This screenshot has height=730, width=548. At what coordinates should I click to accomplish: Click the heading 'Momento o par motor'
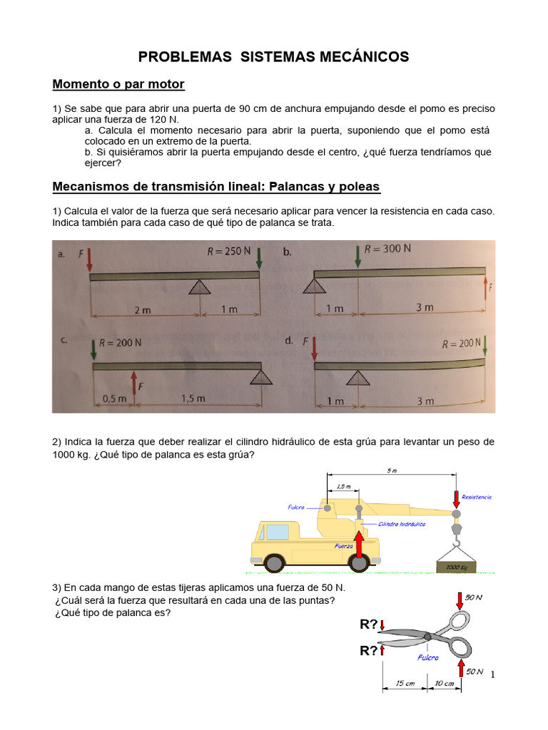point(118,85)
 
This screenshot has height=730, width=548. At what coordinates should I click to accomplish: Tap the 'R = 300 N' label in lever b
point(387,250)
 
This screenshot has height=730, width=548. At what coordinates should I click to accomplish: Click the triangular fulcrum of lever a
point(200,287)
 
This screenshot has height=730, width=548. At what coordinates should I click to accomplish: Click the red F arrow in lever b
point(486,289)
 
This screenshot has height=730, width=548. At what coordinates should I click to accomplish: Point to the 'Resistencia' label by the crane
point(476,497)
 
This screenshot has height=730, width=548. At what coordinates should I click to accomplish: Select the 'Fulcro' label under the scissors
point(428,658)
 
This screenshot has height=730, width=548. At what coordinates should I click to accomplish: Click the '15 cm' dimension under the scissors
point(405,684)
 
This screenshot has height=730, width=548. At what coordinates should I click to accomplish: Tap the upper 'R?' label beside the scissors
point(368,625)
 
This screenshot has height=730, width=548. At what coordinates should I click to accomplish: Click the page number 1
point(492,674)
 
